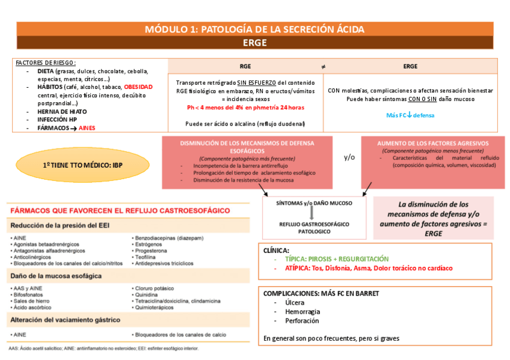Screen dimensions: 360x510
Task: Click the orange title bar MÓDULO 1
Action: (254, 29)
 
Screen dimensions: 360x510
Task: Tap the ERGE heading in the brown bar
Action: (254, 43)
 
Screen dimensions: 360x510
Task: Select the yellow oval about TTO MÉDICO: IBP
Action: (78, 164)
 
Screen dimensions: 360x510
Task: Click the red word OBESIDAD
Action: (138, 87)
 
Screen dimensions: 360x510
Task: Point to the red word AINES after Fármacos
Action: (87, 128)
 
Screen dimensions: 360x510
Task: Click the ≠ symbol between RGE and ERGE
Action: (323, 66)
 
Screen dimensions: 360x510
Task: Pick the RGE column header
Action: (245, 66)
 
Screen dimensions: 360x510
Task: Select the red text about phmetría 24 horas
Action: (245, 107)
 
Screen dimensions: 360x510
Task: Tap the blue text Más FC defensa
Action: (410, 115)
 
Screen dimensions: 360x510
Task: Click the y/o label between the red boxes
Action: (349, 157)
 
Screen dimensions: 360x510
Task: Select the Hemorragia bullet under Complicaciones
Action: (303, 312)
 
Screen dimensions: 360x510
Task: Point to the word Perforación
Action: (303, 322)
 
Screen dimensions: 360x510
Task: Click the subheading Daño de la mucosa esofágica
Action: (56, 276)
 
